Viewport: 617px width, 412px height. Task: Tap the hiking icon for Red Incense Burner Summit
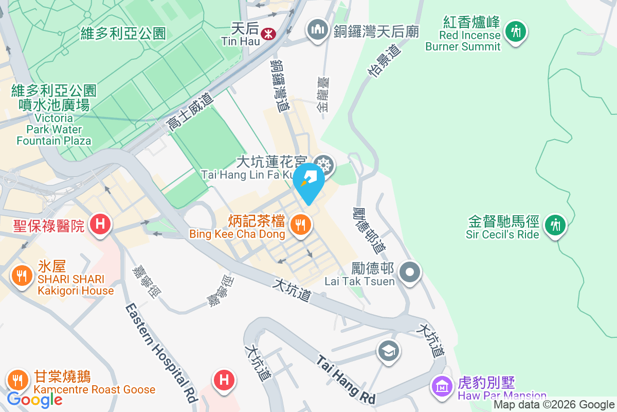[x=515, y=31]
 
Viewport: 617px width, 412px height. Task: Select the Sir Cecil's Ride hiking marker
[x=554, y=225]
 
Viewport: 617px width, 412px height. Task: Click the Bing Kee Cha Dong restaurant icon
[x=299, y=225]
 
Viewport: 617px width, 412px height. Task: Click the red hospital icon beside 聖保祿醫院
[x=101, y=224]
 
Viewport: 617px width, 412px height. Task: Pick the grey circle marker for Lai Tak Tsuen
[x=410, y=271]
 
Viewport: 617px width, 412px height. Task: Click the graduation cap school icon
[x=388, y=351]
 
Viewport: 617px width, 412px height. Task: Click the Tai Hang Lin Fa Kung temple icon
[x=324, y=165]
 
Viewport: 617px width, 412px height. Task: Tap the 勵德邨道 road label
[x=369, y=230]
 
